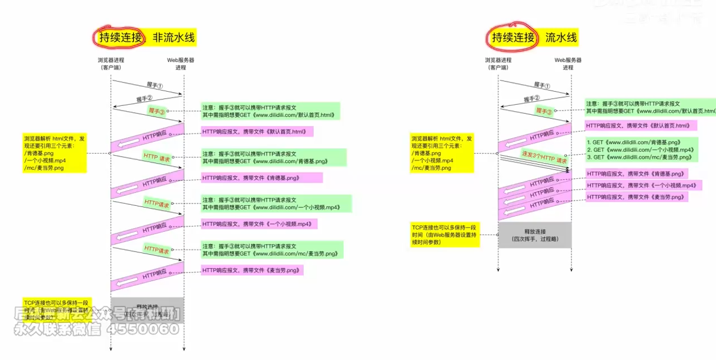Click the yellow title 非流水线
[x=173, y=38]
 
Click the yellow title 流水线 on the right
[x=561, y=38]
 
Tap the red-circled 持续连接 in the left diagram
[x=121, y=38]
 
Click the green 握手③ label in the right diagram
[x=544, y=111]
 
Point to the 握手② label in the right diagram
[x=531, y=98]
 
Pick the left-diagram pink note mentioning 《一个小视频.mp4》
[x=259, y=224]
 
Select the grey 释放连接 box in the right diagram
[x=534, y=235]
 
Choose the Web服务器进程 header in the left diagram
[x=180, y=64]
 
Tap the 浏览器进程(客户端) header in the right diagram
[x=498, y=64]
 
